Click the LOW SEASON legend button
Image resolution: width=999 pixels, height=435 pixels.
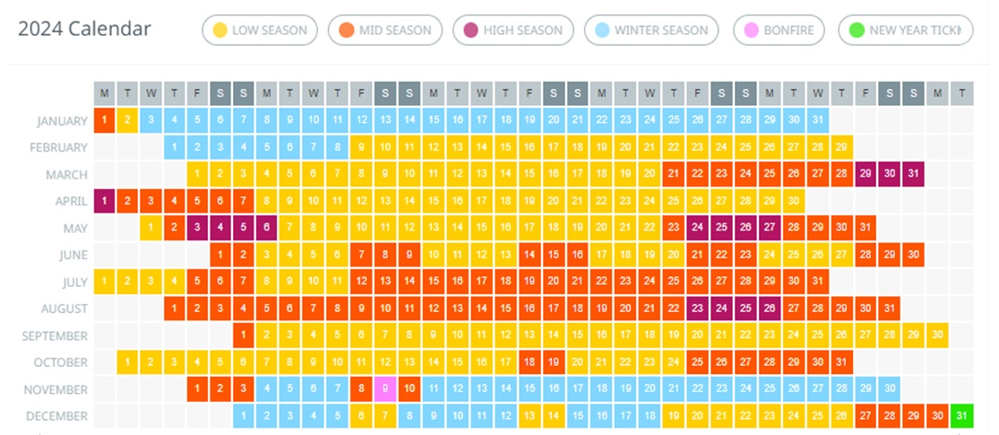(261, 30)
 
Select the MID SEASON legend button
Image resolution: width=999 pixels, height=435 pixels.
(385, 30)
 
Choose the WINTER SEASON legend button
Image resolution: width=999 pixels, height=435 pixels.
(651, 30)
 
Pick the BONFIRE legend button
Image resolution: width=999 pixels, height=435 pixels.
(779, 30)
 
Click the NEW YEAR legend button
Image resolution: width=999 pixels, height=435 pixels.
(906, 30)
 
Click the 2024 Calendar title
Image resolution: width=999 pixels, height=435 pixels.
(84, 29)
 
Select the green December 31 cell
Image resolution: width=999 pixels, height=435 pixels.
(960, 416)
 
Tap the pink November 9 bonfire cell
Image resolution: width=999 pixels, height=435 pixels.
(385, 389)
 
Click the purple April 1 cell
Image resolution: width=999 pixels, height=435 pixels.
(105, 201)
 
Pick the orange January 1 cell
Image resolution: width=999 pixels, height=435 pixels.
(105, 120)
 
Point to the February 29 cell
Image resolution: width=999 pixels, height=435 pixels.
(840, 147)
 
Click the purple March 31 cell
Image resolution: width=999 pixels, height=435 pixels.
(913, 174)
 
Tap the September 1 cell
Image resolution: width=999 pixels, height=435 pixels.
(243, 335)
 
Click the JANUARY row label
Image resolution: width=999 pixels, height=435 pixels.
(63, 121)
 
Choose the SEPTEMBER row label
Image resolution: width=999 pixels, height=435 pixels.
(56, 336)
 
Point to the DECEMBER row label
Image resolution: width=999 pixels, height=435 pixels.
(58, 417)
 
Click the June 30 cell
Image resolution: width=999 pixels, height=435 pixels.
(913, 255)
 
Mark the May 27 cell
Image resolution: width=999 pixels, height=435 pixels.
(769, 228)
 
